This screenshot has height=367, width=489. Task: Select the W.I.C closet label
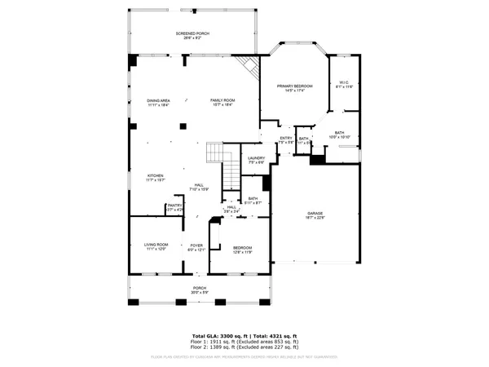(342, 84)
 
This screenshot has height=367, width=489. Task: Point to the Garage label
(315, 214)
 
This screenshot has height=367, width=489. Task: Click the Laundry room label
(257, 160)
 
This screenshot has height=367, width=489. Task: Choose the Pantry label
(175, 208)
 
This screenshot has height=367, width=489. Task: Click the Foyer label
(196, 246)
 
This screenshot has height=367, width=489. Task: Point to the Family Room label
(222, 103)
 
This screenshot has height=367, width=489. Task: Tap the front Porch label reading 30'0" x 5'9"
(199, 290)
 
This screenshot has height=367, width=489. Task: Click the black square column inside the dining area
(183, 126)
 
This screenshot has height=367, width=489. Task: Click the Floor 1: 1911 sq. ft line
(244, 343)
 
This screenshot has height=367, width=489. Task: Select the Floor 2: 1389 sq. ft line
(244, 349)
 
